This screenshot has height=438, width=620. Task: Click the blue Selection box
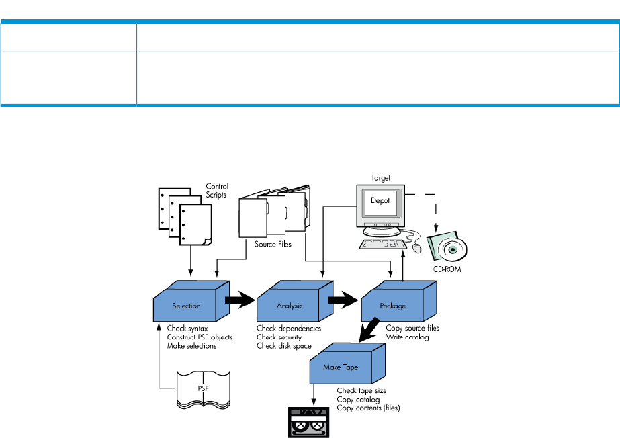click(x=186, y=306)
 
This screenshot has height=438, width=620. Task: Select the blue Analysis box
click(x=290, y=306)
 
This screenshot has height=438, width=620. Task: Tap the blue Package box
click(x=393, y=306)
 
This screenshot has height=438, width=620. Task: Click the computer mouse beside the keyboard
click(x=416, y=249)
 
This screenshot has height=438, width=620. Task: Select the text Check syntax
click(x=187, y=328)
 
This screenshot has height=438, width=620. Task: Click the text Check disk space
click(x=283, y=345)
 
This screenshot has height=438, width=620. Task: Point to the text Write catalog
click(x=408, y=337)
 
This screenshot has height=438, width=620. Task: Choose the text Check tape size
click(x=361, y=390)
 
